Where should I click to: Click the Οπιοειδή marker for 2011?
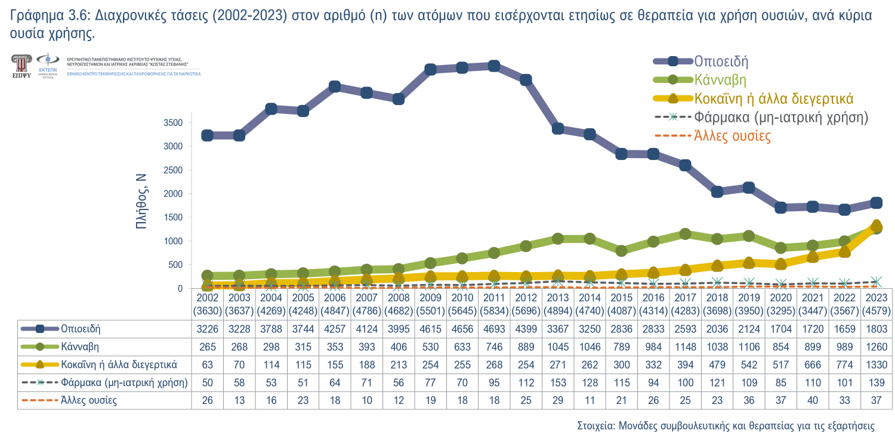[493, 66]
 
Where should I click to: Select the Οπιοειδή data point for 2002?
[208, 135]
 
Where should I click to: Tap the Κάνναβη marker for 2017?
[685, 234]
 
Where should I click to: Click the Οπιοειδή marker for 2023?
[877, 203]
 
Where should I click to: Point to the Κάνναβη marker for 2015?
[621, 251]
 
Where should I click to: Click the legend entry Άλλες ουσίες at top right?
[733, 136]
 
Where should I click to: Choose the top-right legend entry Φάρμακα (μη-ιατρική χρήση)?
[780, 118]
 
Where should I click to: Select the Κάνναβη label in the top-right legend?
[720, 79]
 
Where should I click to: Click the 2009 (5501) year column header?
[430, 304]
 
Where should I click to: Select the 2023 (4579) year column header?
[877, 304]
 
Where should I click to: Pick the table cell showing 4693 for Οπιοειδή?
[493, 329]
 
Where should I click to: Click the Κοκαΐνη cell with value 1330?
[877, 365]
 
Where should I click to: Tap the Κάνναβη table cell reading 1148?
[685, 347]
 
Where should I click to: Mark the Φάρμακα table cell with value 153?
[557, 382]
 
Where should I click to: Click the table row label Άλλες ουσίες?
[88, 400]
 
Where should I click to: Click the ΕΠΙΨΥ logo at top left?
[22, 66]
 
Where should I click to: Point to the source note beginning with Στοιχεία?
[726, 426]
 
